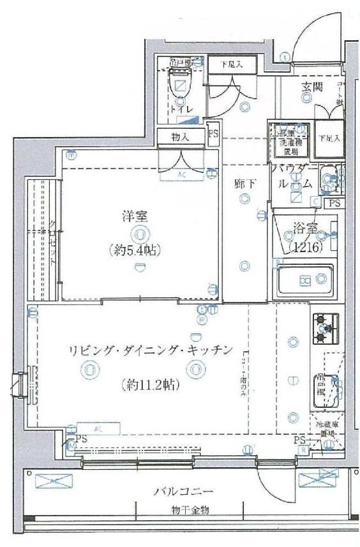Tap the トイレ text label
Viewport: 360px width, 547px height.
coord(181,110)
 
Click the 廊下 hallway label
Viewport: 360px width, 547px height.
coord(245,184)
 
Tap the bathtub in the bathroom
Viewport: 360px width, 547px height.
coord(304,280)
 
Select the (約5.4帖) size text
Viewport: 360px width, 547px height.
coord(135,250)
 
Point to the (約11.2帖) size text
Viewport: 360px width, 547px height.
coord(149,384)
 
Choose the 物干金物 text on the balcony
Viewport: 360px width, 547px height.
coord(183,510)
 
